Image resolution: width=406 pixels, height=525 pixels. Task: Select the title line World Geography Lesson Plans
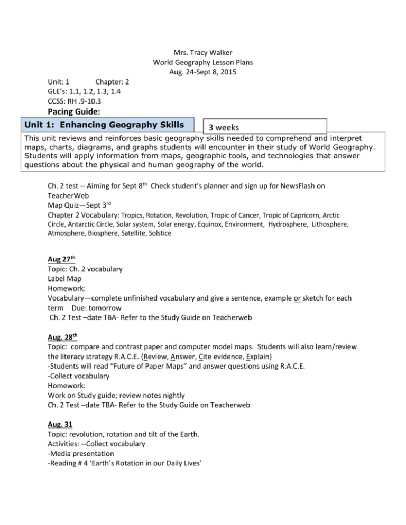(x=202, y=62)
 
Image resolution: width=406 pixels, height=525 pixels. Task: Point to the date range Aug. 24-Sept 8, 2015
(x=202, y=72)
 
